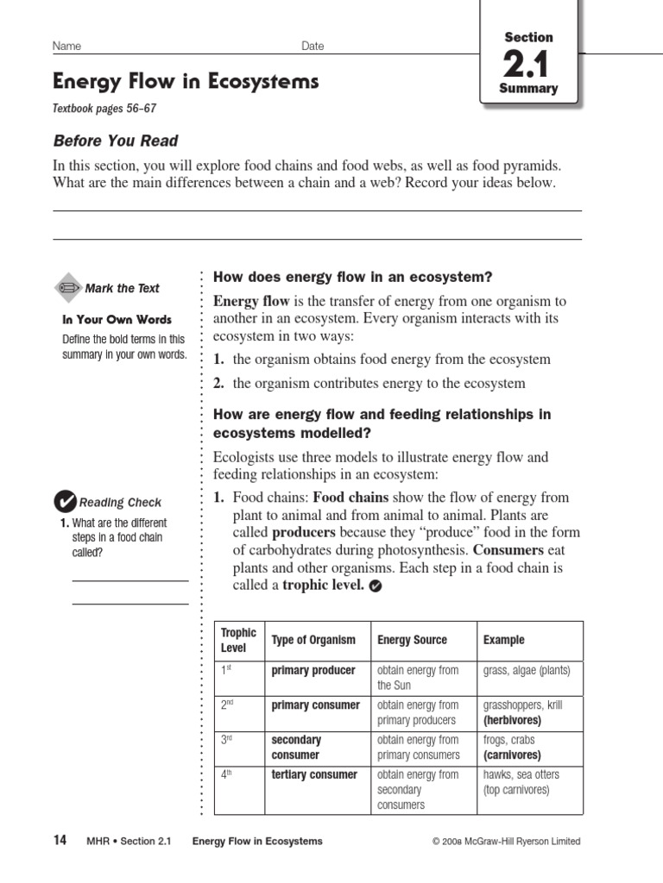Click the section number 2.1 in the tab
528,64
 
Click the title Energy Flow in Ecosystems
186,82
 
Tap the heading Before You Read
116,141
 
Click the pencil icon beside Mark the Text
68,288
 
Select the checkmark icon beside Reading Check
65,502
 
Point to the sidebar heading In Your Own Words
117,319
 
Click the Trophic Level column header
238,640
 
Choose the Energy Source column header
413,640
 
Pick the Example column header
503,640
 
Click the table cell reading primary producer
313,670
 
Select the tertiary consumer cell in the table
314,774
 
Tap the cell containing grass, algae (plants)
527,670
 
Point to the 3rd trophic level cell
228,740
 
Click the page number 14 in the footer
60,841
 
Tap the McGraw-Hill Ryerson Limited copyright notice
507,842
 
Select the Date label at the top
313,46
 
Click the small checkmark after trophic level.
374,586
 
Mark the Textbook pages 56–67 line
104,109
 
